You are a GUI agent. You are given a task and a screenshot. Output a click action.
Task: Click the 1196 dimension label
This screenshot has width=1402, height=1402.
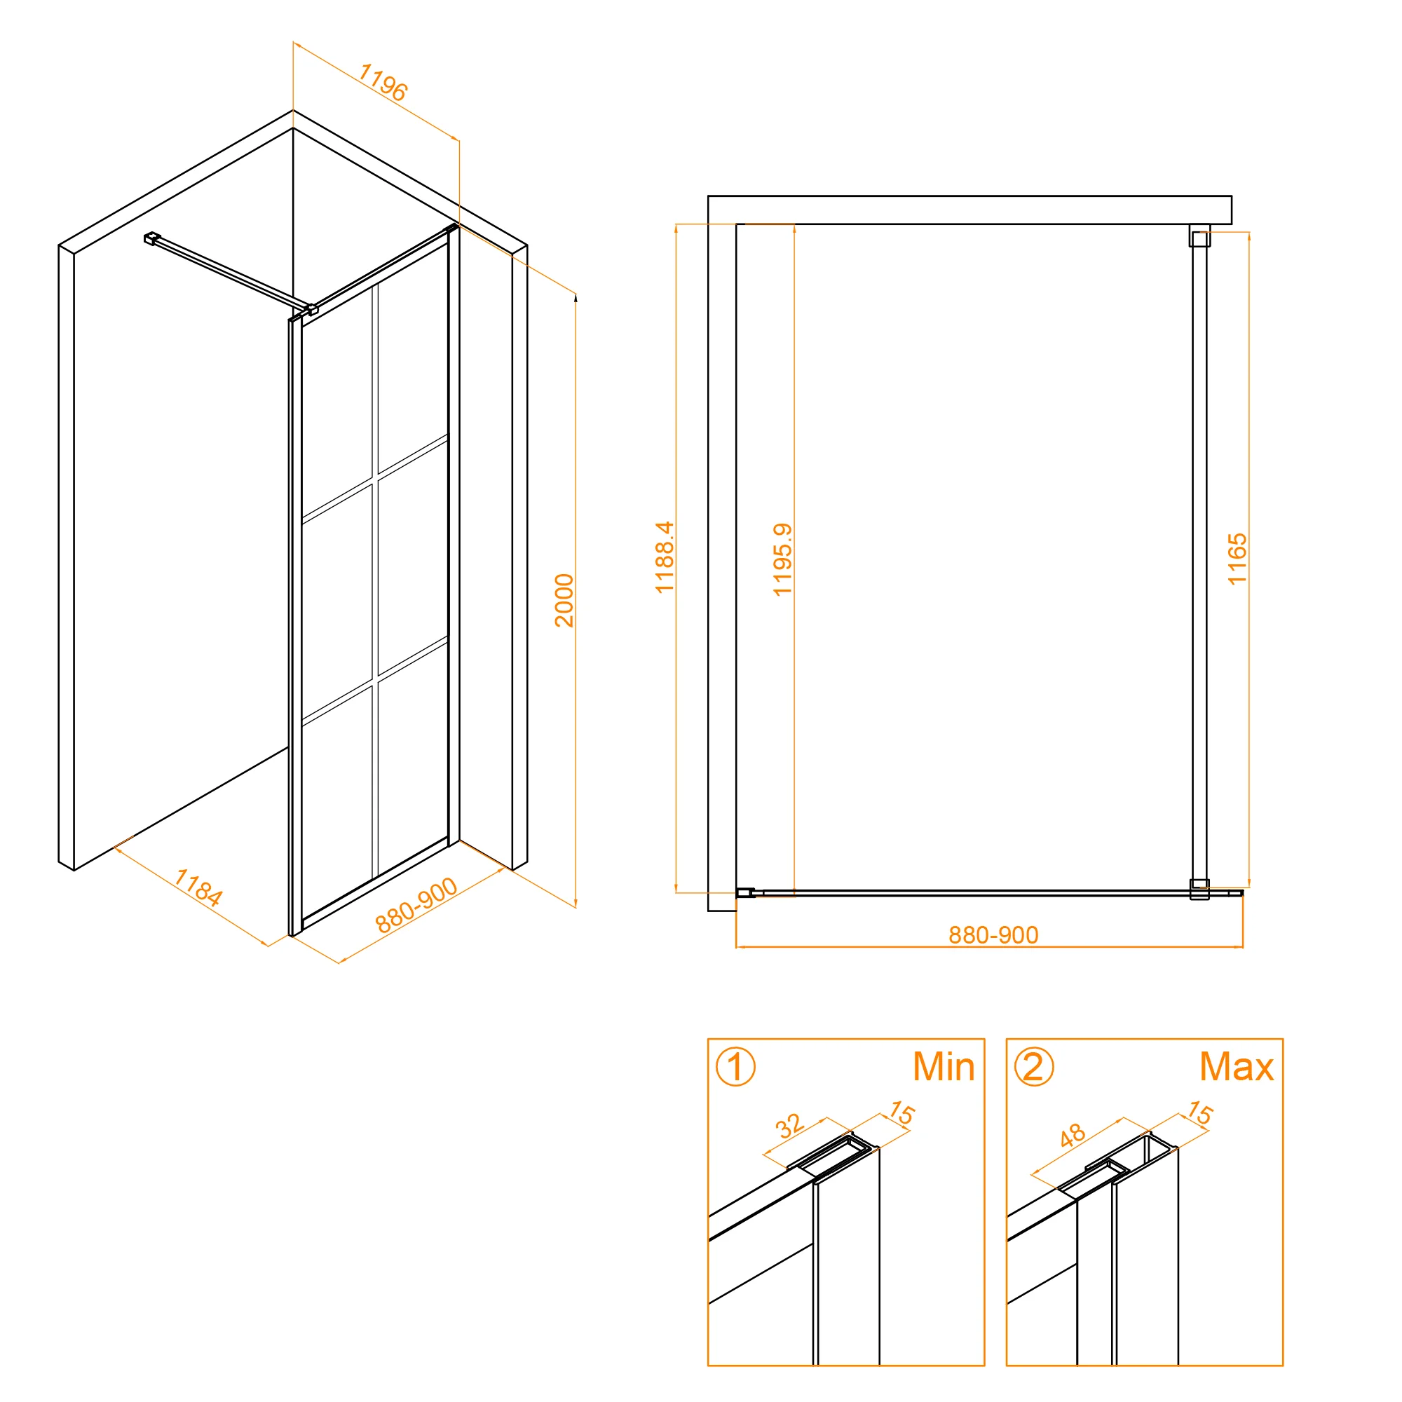pyautogui.click(x=383, y=83)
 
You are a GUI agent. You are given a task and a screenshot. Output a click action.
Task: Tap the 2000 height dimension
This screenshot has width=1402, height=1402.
pyautogui.click(x=564, y=600)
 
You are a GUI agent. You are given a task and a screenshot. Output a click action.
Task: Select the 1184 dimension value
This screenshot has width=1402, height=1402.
pyautogui.click(x=198, y=887)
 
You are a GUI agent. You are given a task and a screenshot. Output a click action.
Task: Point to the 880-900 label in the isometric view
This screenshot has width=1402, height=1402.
pyautogui.click(x=416, y=905)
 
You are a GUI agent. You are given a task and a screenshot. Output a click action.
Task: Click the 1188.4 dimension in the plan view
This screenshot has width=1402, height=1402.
pyautogui.click(x=664, y=557)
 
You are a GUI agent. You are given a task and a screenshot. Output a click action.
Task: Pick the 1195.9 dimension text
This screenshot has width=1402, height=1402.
pyautogui.click(x=782, y=559)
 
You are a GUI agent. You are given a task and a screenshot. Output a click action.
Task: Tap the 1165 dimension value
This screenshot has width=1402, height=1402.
pyautogui.click(x=1237, y=559)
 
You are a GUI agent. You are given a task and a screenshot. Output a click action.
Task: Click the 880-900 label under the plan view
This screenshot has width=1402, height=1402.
pyautogui.click(x=993, y=934)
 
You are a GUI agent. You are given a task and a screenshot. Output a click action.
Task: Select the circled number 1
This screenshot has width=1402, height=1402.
pyautogui.click(x=735, y=1067)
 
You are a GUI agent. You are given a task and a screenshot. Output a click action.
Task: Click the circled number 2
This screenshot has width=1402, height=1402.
pyautogui.click(x=1033, y=1067)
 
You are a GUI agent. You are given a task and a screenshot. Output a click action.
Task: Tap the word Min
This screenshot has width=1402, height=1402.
pyautogui.click(x=944, y=1067)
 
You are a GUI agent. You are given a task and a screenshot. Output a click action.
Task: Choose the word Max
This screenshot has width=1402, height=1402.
pyautogui.click(x=1237, y=1067)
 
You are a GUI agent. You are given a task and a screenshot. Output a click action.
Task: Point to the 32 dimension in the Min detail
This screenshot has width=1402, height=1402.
pyautogui.click(x=789, y=1127)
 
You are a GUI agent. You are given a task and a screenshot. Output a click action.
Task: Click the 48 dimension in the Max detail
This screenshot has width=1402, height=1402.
pyautogui.click(x=1072, y=1135)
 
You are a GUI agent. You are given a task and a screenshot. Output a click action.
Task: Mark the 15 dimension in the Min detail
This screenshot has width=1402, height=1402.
pyautogui.click(x=902, y=1113)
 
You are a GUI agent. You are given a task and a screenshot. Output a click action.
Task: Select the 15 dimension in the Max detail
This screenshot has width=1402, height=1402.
pyautogui.click(x=1199, y=1113)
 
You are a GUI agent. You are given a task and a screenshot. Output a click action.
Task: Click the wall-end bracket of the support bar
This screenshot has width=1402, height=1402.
pyautogui.click(x=151, y=238)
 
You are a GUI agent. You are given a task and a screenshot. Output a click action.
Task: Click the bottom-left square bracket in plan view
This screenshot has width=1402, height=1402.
pyautogui.click(x=745, y=892)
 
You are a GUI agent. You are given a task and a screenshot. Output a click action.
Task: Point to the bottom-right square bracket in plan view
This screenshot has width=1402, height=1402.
pyautogui.click(x=1199, y=889)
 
